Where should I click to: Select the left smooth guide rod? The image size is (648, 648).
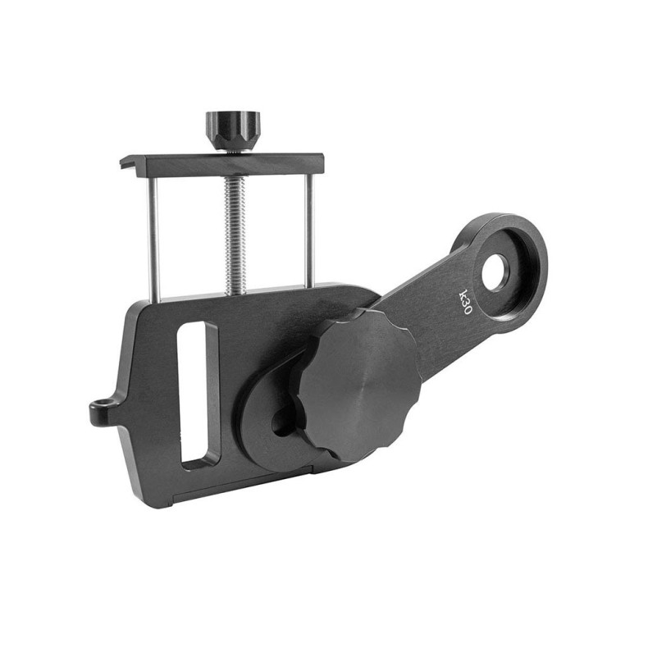coord(153,238)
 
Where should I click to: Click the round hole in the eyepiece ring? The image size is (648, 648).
coord(495,272)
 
